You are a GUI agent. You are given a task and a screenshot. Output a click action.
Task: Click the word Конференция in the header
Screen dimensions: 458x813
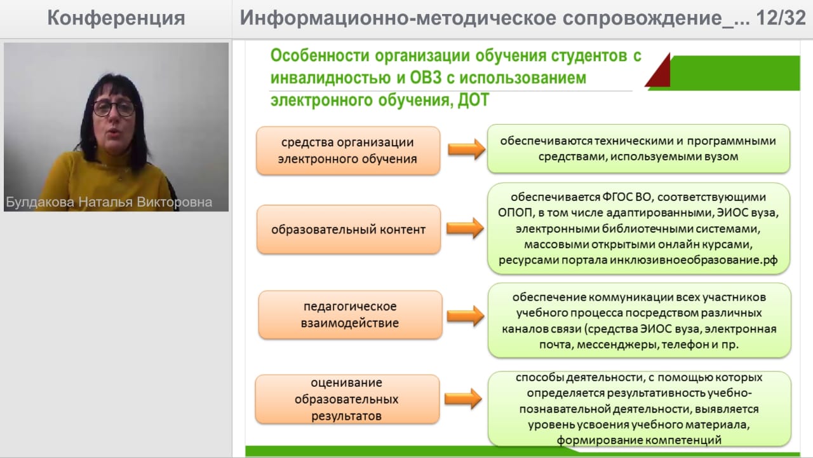coord(116,18)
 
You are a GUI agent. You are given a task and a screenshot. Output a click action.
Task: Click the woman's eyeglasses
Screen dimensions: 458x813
coord(114,108)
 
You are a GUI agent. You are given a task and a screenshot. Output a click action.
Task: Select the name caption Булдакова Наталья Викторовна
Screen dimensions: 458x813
coord(109,203)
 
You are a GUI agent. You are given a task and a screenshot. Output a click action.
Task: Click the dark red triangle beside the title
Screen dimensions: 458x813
coord(659,71)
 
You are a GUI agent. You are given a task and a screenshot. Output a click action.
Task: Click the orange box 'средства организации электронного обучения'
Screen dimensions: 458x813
coord(348,150)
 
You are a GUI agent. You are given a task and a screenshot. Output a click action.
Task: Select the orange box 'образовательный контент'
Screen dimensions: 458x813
coord(348,229)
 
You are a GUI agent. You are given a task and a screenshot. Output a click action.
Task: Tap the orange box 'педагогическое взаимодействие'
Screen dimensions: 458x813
coord(350,314)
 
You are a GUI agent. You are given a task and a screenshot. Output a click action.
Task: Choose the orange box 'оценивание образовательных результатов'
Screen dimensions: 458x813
coord(347,399)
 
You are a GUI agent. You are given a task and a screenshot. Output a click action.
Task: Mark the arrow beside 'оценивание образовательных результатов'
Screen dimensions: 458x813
coord(462,398)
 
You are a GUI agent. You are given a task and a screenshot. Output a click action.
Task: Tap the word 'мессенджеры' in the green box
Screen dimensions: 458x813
coord(626,345)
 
